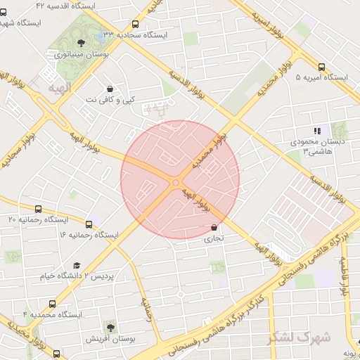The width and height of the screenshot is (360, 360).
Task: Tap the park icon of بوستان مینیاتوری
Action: [82, 43]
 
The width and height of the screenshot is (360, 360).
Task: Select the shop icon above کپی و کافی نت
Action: [110, 89]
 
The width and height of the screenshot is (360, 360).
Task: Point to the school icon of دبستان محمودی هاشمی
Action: [317, 130]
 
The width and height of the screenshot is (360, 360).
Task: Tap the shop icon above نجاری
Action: [214, 228]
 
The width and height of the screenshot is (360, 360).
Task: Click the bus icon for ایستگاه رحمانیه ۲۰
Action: [38, 209]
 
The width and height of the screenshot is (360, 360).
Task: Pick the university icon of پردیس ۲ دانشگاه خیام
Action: [76, 265]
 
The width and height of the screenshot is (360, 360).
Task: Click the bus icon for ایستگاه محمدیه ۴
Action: [53, 304]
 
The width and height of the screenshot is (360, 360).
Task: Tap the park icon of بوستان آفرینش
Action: [110, 327]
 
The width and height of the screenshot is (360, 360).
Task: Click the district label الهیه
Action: [60, 88]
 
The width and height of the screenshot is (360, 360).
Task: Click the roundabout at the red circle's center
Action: [175, 184]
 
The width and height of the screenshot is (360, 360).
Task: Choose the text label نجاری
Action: [212, 239]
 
